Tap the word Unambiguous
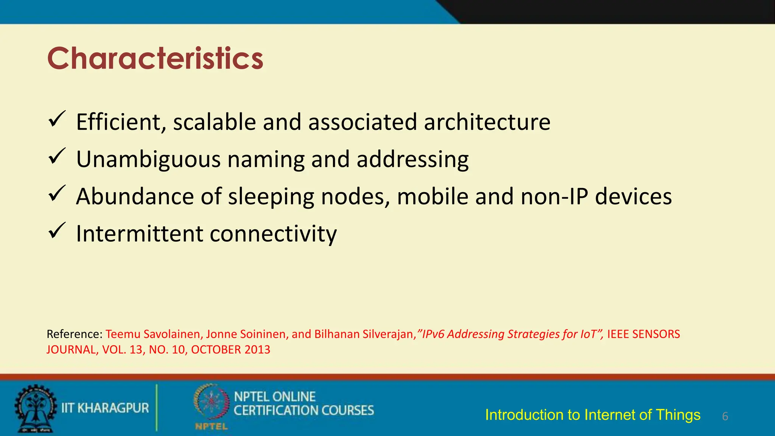point(148,159)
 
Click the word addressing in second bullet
point(412,159)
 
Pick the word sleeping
point(271,196)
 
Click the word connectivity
point(273,234)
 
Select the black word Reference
point(74,334)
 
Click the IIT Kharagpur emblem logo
point(36,408)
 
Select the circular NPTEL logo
point(211,403)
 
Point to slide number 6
point(725,416)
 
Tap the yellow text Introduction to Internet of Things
point(593,415)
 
